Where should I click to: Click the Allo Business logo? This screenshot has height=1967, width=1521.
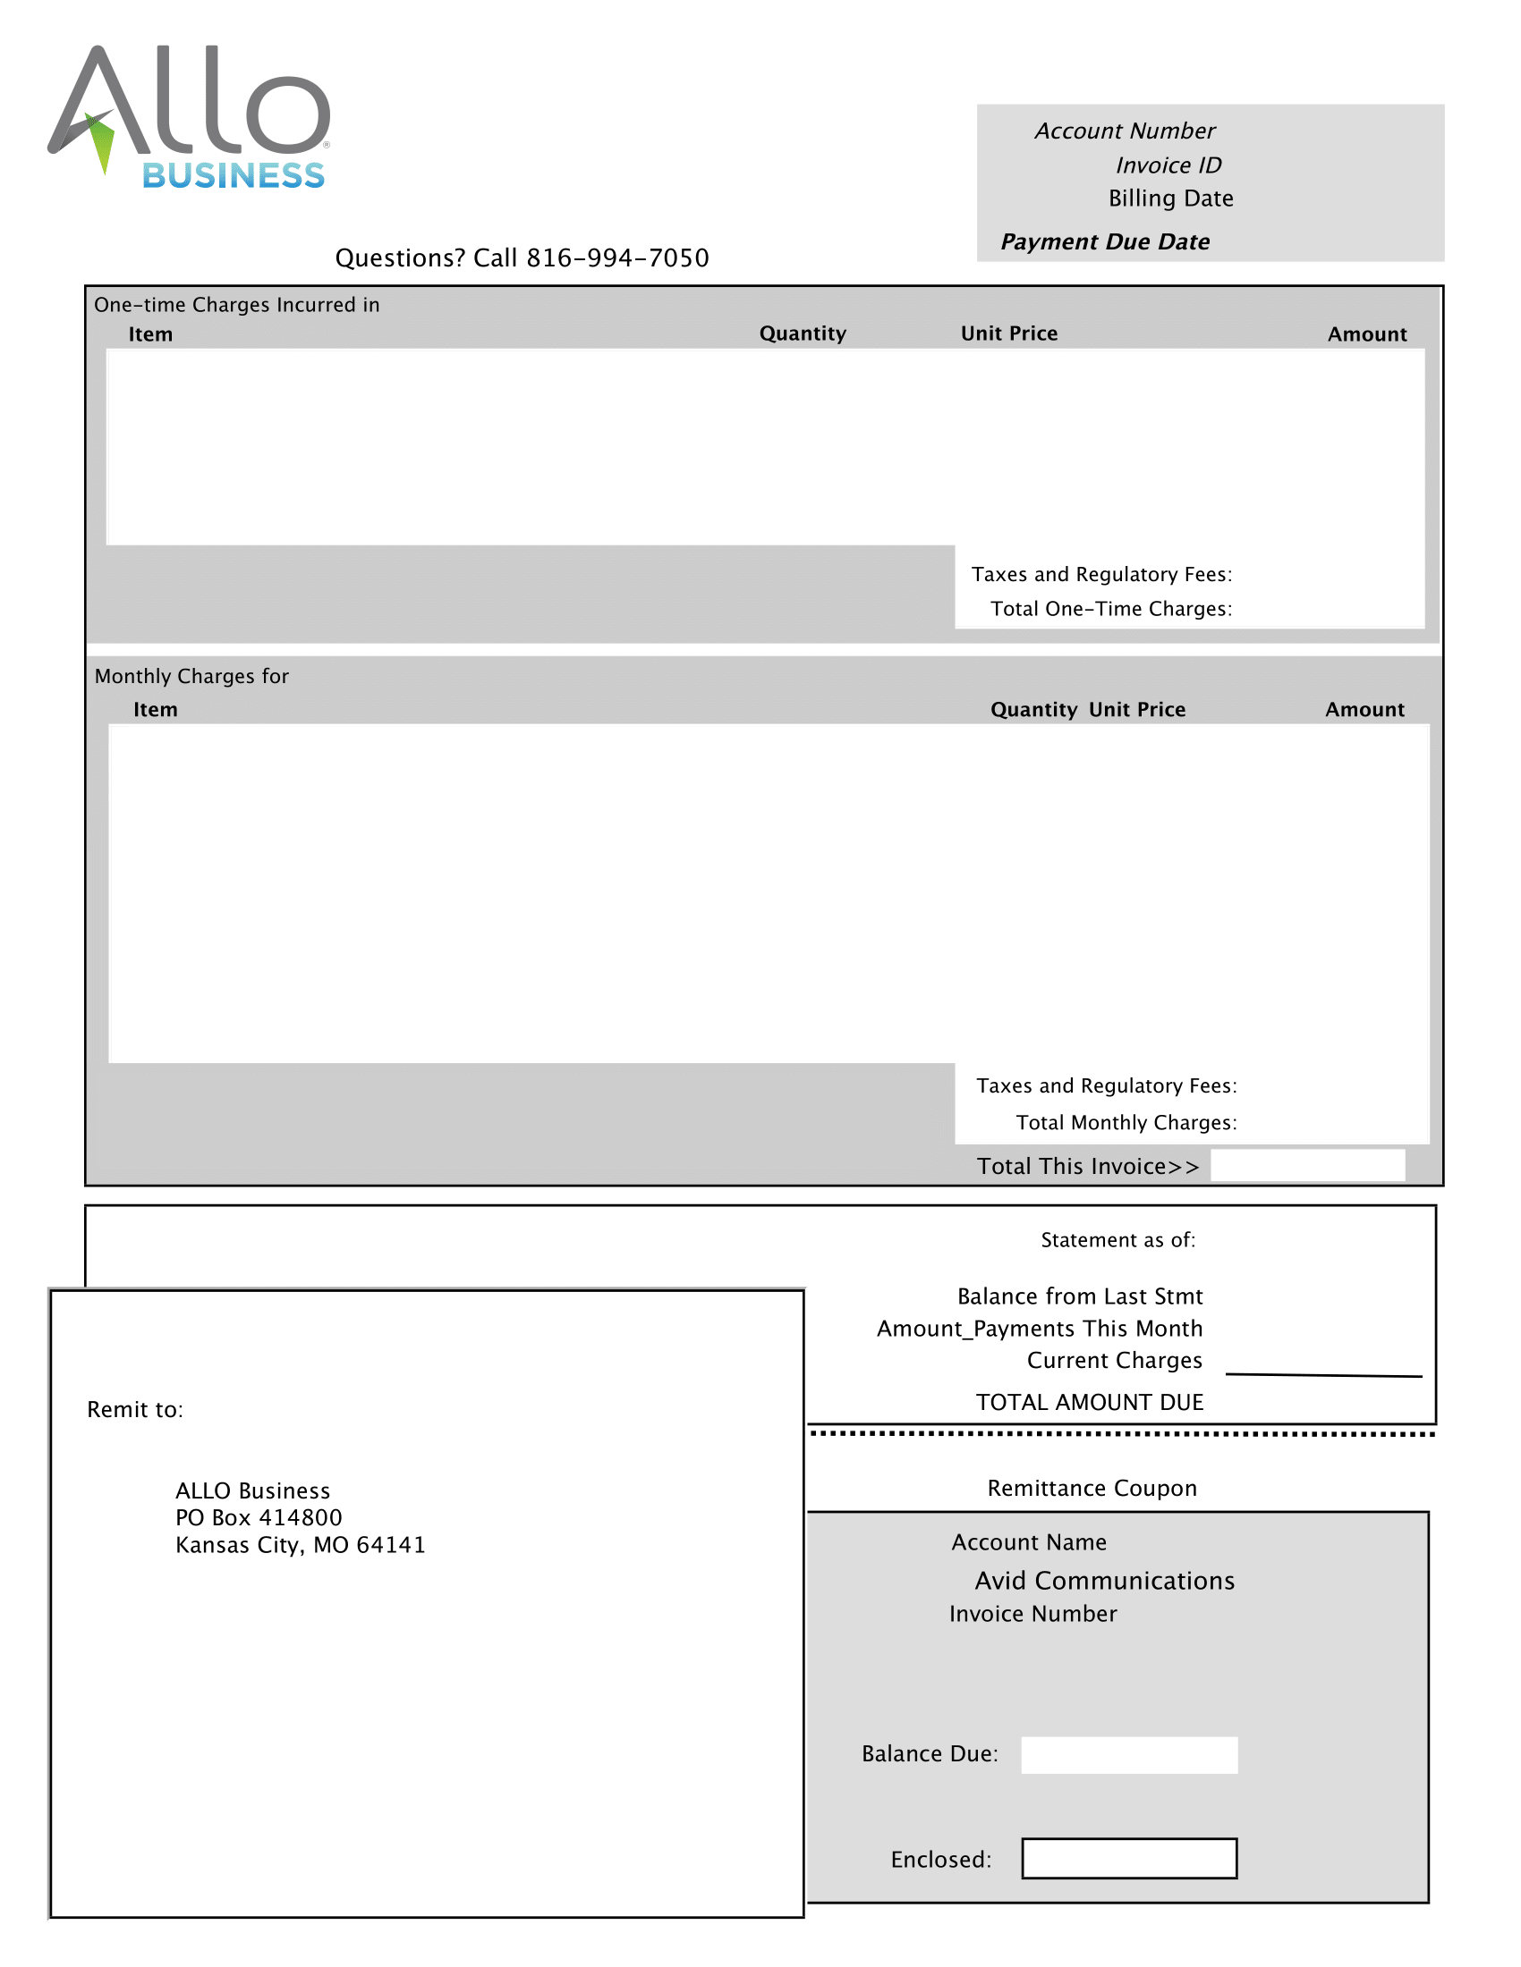[189, 117]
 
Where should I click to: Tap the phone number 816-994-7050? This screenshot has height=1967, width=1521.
[617, 258]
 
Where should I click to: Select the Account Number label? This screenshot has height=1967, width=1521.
[1125, 131]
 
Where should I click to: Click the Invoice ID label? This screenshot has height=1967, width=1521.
[1168, 165]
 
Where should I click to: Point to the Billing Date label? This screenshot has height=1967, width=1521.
[1170, 199]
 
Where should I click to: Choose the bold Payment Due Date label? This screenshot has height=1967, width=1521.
[1105, 242]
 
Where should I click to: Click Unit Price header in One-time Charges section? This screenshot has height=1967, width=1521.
[1008, 334]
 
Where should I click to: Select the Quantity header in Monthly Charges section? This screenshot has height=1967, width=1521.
[1032, 710]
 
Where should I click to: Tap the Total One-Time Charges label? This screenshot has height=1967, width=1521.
[1111, 610]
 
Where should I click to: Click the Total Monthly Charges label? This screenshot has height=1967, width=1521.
[1126, 1123]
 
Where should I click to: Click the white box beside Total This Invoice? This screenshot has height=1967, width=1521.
[1306, 1165]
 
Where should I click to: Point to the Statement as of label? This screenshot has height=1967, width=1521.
[1117, 1241]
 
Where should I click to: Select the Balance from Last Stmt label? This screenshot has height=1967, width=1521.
[1080, 1297]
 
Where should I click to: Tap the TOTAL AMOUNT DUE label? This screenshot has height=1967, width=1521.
[1090, 1402]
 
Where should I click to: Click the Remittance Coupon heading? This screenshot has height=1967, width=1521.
[1092, 1489]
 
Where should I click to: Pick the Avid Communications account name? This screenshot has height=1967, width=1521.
[1104, 1582]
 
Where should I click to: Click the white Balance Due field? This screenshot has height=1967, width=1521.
[1128, 1755]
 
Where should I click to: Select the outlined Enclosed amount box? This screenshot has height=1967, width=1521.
[1128, 1859]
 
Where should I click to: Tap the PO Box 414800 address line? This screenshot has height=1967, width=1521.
[259, 1518]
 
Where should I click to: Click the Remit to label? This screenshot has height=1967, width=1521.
[135, 1410]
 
